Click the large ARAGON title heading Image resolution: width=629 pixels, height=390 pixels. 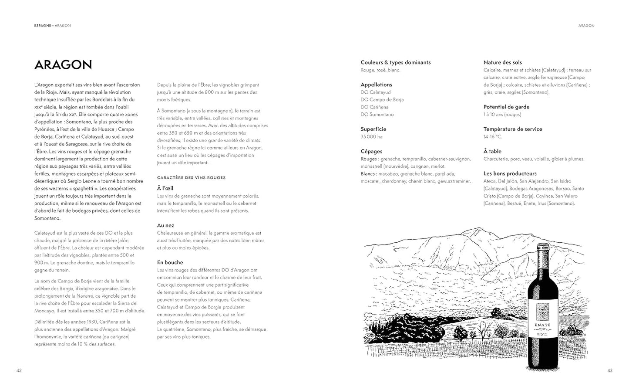point(63,65)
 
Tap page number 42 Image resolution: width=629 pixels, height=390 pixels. point(19,370)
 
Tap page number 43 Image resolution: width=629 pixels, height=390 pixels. point(609,370)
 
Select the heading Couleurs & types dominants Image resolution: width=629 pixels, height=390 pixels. point(395,62)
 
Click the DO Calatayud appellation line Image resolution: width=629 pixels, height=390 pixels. point(376,92)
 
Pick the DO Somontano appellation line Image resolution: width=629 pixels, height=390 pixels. point(377,115)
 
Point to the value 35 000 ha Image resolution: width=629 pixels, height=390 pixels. point(371,137)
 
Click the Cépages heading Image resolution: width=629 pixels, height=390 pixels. point(371,151)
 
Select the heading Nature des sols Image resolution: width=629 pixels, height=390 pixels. point(502,62)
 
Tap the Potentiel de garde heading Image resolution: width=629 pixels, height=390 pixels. point(506,107)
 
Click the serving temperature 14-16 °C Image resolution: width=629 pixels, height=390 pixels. point(493,137)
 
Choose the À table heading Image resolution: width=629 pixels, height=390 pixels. point(492,151)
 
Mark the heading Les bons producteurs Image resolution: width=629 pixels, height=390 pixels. point(510,173)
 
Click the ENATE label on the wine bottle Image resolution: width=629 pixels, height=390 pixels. point(542,325)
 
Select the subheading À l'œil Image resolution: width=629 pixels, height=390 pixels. point(165,188)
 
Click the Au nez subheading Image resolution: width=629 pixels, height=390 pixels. point(165,225)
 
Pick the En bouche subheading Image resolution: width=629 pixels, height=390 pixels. point(170,262)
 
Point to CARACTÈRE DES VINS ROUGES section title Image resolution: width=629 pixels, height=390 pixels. point(191,177)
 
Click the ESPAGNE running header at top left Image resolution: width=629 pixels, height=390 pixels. point(42,26)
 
